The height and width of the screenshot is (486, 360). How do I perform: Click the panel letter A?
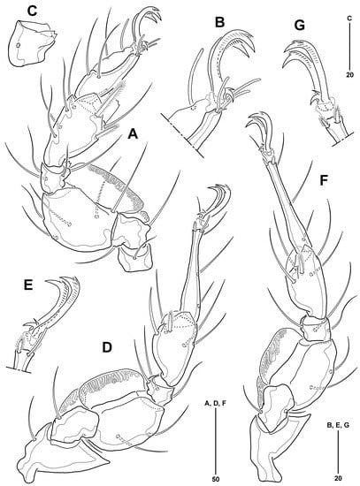point(133,134)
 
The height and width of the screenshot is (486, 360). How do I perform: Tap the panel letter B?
point(219,22)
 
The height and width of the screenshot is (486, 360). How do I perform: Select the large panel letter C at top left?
point(32,11)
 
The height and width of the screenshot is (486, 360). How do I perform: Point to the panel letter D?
point(107,348)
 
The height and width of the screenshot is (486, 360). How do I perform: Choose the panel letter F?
point(324,181)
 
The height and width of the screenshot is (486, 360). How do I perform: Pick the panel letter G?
point(300,26)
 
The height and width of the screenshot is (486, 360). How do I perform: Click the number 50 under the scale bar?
point(215,479)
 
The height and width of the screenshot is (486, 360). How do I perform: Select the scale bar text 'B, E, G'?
point(338,426)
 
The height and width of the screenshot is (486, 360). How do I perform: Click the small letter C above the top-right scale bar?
point(349,19)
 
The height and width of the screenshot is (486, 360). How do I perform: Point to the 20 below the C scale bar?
point(349,75)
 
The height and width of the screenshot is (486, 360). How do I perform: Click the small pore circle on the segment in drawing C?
point(19,46)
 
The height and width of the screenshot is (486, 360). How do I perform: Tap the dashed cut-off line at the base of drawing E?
point(19,369)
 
